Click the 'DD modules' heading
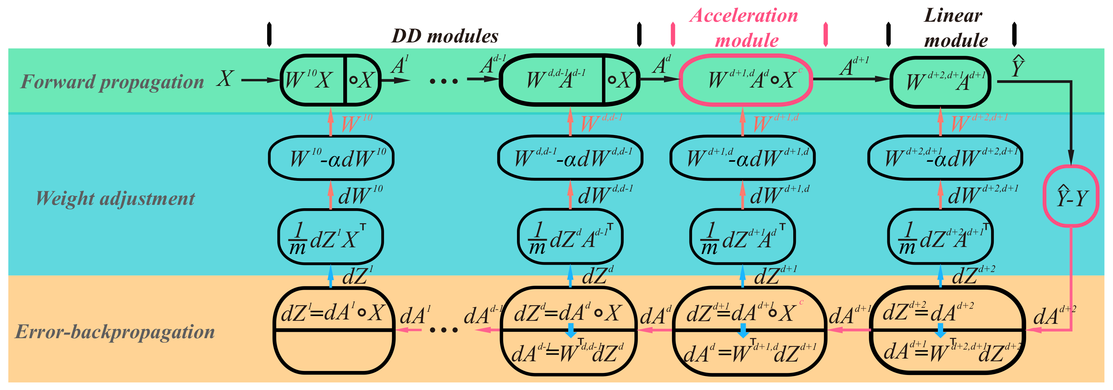coord(445,36)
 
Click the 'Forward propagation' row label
coord(112,82)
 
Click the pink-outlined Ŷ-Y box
coord(1071,196)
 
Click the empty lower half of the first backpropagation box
coord(334,352)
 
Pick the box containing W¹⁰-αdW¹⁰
coord(331,158)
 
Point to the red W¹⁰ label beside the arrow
coord(356,123)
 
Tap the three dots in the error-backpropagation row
coord(444,331)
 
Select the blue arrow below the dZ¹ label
coord(330,276)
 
